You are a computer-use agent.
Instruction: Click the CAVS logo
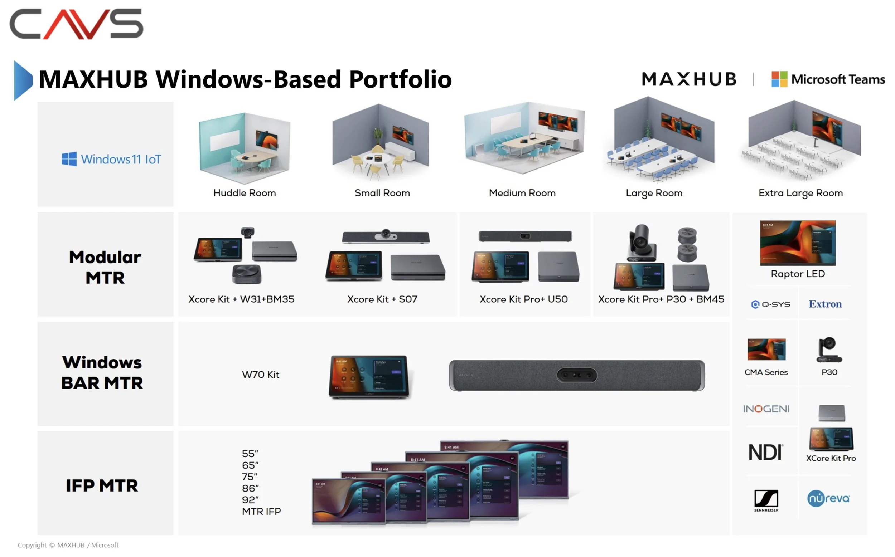76,24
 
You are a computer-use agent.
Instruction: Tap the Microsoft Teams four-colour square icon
779,79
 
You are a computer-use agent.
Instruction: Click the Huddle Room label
245,193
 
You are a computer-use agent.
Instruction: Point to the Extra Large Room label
800,193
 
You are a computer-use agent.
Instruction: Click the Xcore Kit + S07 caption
382,299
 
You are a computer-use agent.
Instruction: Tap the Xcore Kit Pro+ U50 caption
523,299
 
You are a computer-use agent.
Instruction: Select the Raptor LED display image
798,243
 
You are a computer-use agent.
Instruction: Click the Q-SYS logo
770,304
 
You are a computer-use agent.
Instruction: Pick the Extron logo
825,304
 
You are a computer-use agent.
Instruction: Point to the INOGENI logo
766,409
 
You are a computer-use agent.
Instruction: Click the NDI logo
765,453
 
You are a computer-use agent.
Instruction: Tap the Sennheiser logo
766,500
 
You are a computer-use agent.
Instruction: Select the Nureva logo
828,498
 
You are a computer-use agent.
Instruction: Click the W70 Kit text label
261,375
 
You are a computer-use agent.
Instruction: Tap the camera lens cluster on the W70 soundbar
576,375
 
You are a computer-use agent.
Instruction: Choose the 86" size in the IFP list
250,488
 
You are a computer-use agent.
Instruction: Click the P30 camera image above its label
829,350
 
